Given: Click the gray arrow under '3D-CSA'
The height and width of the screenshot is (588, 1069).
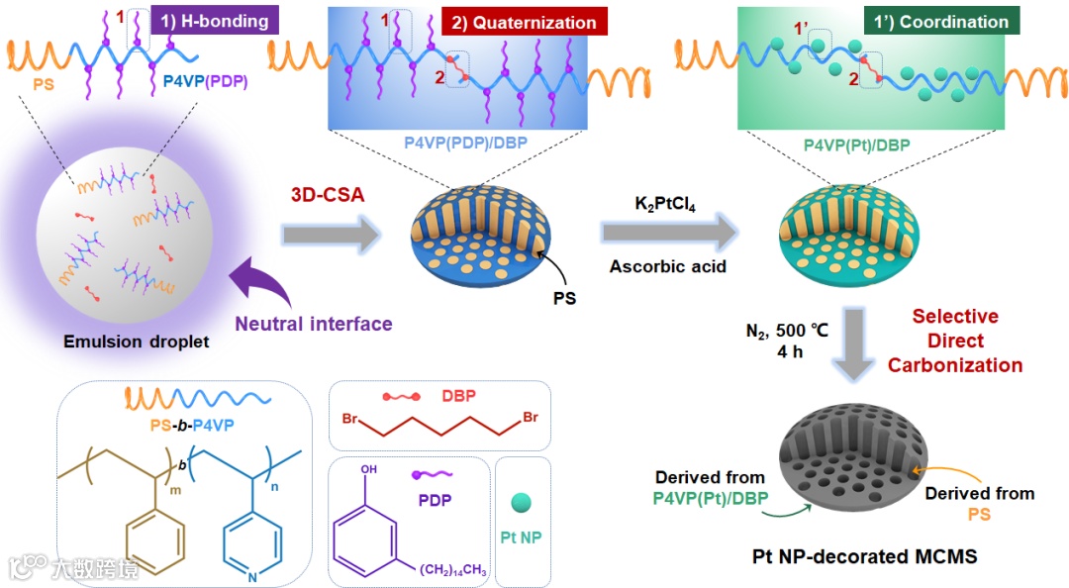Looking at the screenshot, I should (x=330, y=235).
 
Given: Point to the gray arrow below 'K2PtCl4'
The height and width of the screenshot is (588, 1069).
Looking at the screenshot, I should (x=669, y=235).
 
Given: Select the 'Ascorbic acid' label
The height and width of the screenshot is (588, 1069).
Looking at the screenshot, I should (x=668, y=266).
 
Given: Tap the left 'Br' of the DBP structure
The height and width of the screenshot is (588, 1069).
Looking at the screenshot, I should (x=349, y=420).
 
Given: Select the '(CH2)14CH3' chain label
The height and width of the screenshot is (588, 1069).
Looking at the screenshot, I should (x=452, y=568).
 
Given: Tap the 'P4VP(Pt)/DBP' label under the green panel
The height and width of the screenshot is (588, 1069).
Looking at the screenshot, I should (x=859, y=144).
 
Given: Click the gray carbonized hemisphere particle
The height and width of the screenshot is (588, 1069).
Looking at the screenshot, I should (x=859, y=455).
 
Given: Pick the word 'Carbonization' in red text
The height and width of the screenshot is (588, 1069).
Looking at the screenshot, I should (x=954, y=364).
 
